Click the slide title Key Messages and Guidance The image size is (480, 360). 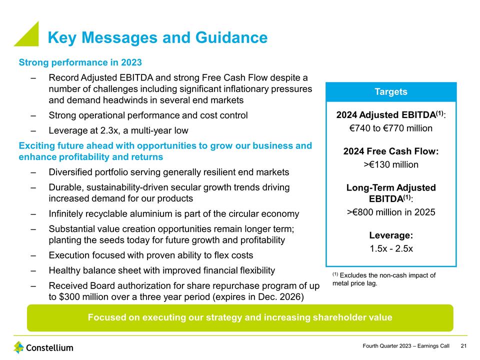(157, 37)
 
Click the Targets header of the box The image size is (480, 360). (391, 91)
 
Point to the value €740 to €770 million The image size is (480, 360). (391, 128)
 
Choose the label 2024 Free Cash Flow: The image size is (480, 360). (391, 151)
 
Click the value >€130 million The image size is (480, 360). (391, 164)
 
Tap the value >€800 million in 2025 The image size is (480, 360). (391, 212)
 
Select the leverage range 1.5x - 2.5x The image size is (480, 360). (391, 248)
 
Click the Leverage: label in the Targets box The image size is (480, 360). (391, 235)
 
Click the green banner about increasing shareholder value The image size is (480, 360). (240, 317)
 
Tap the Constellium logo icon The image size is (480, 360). (19, 347)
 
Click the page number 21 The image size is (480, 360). (463, 346)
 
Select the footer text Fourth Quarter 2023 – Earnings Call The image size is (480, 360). (405, 346)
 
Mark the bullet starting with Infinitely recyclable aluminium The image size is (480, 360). (173, 214)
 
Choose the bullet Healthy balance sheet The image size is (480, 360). (161, 270)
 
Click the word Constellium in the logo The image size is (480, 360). (49, 347)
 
